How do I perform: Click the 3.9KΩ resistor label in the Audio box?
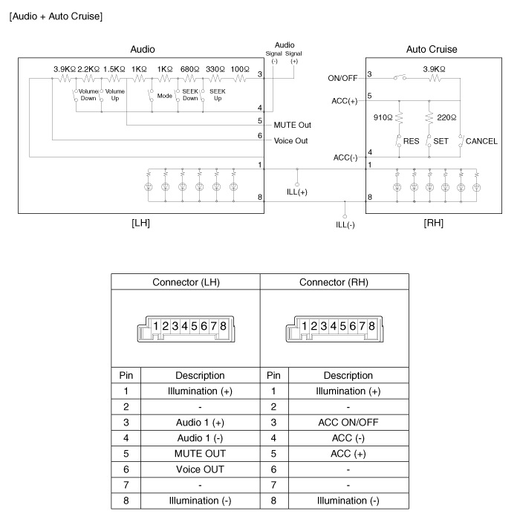pyautogui.click(x=64, y=69)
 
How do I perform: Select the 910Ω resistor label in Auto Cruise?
pyautogui.click(x=383, y=117)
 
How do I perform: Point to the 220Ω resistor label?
pyautogui.click(x=446, y=117)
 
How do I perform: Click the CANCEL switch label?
pyautogui.click(x=481, y=141)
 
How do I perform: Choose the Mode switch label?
pyautogui.click(x=164, y=95)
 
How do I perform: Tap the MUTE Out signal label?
pyautogui.click(x=292, y=125)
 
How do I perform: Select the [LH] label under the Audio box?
pyautogui.click(x=140, y=222)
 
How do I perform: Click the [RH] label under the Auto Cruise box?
pyautogui.click(x=432, y=222)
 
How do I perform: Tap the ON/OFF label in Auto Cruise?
pyautogui.click(x=342, y=77)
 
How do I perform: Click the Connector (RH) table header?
pyautogui.click(x=334, y=282)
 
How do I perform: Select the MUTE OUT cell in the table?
pyautogui.click(x=200, y=454)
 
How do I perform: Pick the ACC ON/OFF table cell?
pyautogui.click(x=348, y=423)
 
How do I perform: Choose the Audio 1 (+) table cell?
pyautogui.click(x=200, y=423)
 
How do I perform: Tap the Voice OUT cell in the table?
pyautogui.click(x=200, y=469)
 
